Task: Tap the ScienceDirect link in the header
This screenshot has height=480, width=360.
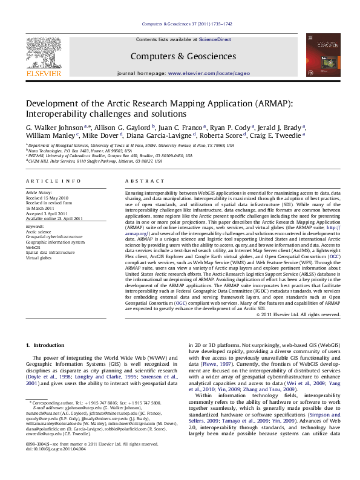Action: [x=215, y=39]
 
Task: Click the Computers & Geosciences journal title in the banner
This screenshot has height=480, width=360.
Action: [x=183, y=56]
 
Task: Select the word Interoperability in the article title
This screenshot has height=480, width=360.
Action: [x=56, y=114]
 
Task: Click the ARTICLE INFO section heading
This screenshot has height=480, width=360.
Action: [x=47, y=182]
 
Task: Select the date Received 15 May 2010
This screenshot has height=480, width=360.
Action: [x=47, y=198]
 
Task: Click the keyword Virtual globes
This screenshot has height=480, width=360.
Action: [x=39, y=257]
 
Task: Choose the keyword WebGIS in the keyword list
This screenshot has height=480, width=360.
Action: [x=33, y=247]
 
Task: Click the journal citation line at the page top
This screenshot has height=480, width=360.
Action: [x=186, y=24]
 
